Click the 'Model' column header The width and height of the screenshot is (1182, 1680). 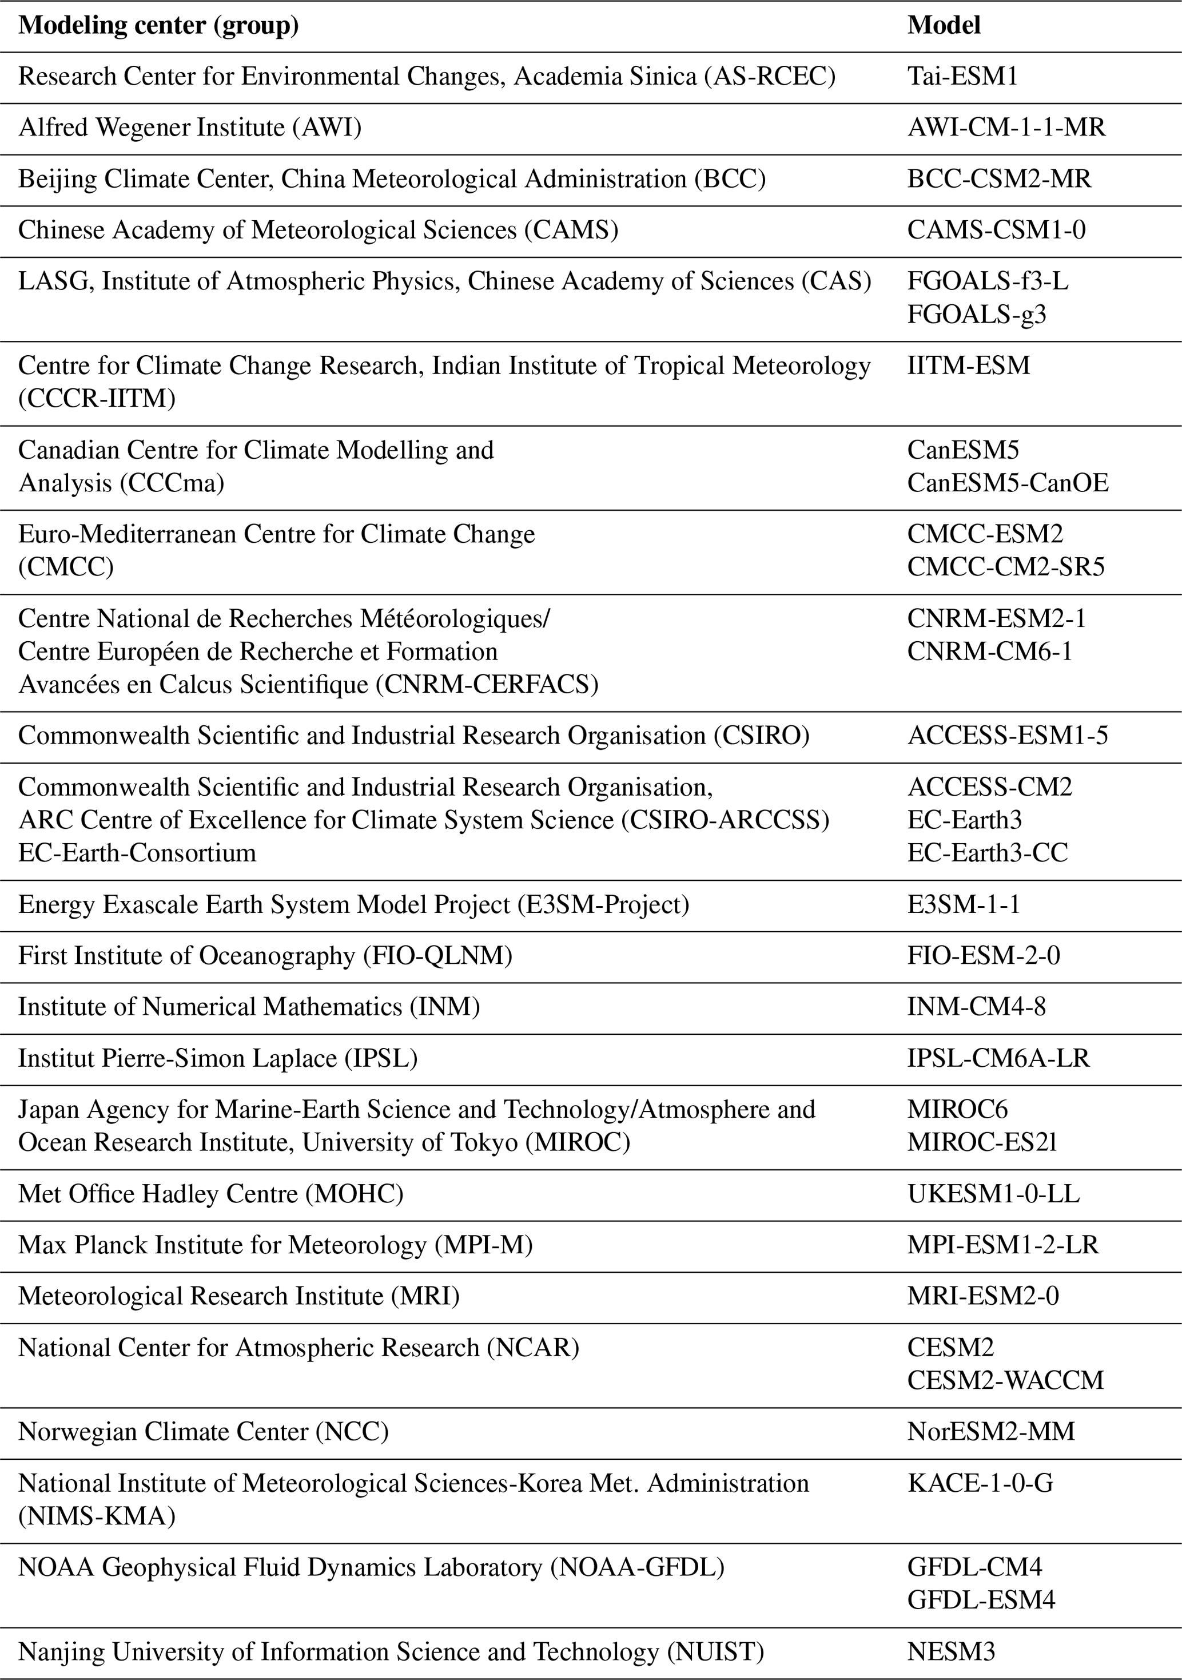tap(944, 26)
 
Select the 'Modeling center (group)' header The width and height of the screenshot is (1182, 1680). tap(158, 26)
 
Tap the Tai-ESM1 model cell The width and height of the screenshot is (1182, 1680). tap(962, 77)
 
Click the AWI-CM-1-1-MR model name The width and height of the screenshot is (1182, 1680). tap(1006, 128)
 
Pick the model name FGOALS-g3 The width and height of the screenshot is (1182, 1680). tap(977, 315)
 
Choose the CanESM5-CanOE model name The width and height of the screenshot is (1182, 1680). tap(1008, 483)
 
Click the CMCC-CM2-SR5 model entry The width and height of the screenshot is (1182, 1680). tap(1006, 567)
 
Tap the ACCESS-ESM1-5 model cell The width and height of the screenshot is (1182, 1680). tap(1007, 736)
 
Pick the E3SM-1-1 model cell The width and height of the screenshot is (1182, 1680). tap(964, 905)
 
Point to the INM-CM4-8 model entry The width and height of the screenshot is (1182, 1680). tap(977, 1007)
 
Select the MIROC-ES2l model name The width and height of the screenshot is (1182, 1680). tap(982, 1142)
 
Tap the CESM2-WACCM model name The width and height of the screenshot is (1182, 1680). tap(1005, 1381)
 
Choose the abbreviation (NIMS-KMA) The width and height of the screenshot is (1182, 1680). tap(97, 1516)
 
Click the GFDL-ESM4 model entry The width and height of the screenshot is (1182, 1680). tap(981, 1600)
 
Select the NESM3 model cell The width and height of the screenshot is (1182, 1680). tap(951, 1652)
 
